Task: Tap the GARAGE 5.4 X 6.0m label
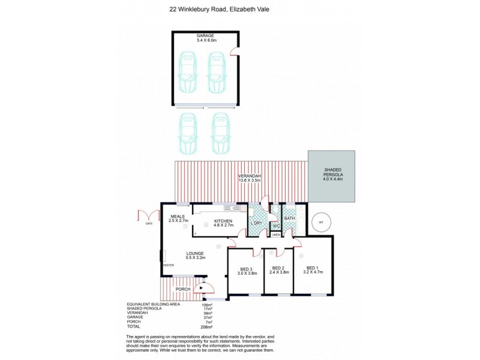[x=205, y=39]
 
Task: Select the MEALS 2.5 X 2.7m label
[x=177, y=218]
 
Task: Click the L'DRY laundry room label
[x=257, y=224]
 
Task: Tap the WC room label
[x=275, y=226]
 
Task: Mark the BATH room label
[x=289, y=218]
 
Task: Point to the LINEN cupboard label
[x=275, y=235]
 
